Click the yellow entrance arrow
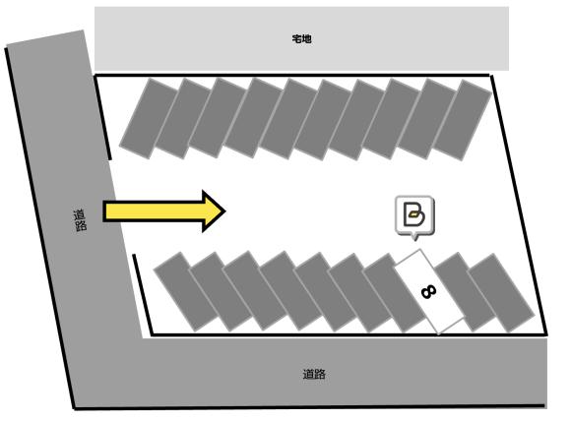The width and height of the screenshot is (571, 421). click(163, 211)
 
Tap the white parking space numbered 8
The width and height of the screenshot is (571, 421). click(429, 291)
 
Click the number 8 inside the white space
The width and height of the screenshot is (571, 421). click(428, 292)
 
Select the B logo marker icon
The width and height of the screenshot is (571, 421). click(414, 215)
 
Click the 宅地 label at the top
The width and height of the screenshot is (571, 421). click(301, 38)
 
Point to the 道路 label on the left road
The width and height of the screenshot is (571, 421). click(80, 220)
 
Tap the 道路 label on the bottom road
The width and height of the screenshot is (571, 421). click(314, 374)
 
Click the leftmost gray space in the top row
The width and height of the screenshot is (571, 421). click(149, 119)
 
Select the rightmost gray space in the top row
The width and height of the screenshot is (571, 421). click(463, 120)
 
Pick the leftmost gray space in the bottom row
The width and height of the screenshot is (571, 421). click(186, 292)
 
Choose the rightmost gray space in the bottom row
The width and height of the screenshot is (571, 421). click(501, 293)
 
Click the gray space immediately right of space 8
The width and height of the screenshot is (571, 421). click(466, 293)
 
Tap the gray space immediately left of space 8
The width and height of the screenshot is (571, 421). click(395, 293)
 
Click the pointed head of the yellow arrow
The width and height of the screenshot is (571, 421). click(224, 211)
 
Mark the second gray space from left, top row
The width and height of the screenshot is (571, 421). click(183, 119)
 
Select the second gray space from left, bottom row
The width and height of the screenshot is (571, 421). click(221, 292)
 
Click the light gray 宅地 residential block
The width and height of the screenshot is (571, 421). click(301, 38)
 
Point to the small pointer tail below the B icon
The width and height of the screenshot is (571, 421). click(414, 237)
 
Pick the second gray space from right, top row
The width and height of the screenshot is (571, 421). click(427, 119)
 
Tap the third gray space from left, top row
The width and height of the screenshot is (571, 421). click(218, 118)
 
